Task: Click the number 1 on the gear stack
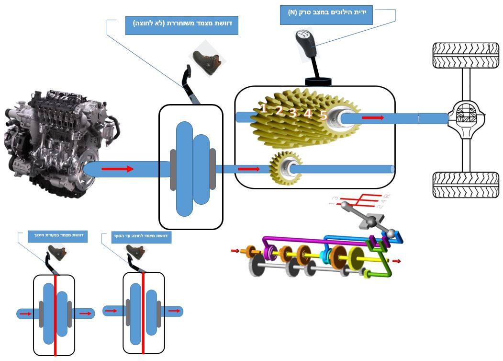[x=263, y=108]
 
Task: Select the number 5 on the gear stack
[x=324, y=115]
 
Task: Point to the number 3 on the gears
[x=293, y=113]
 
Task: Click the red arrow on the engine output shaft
[x=117, y=169]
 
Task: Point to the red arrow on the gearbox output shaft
[x=373, y=117]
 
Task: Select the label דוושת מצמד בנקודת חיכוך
[x=57, y=236]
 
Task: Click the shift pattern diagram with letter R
[x=359, y=202]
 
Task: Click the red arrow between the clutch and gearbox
[x=249, y=169]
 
